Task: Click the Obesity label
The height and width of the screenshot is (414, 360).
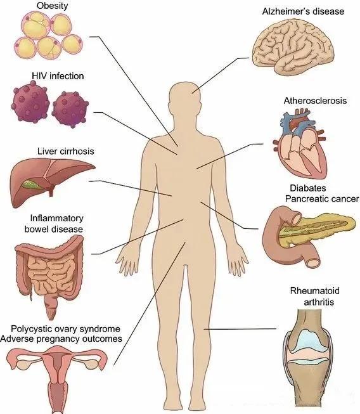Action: (52, 6)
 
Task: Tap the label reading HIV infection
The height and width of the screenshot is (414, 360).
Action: (58, 76)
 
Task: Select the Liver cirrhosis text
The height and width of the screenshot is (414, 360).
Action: (65, 152)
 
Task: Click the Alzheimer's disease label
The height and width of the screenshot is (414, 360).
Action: (303, 11)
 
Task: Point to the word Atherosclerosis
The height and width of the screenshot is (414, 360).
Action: (315, 101)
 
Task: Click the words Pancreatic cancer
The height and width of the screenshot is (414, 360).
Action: (322, 199)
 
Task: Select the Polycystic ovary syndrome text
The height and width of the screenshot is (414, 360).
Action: (65, 329)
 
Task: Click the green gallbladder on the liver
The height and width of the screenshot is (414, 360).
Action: (32, 184)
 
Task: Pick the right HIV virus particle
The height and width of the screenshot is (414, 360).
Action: (70, 109)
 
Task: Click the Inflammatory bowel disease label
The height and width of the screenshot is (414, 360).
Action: (54, 224)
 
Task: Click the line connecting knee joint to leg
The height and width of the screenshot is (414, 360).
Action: (240, 329)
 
